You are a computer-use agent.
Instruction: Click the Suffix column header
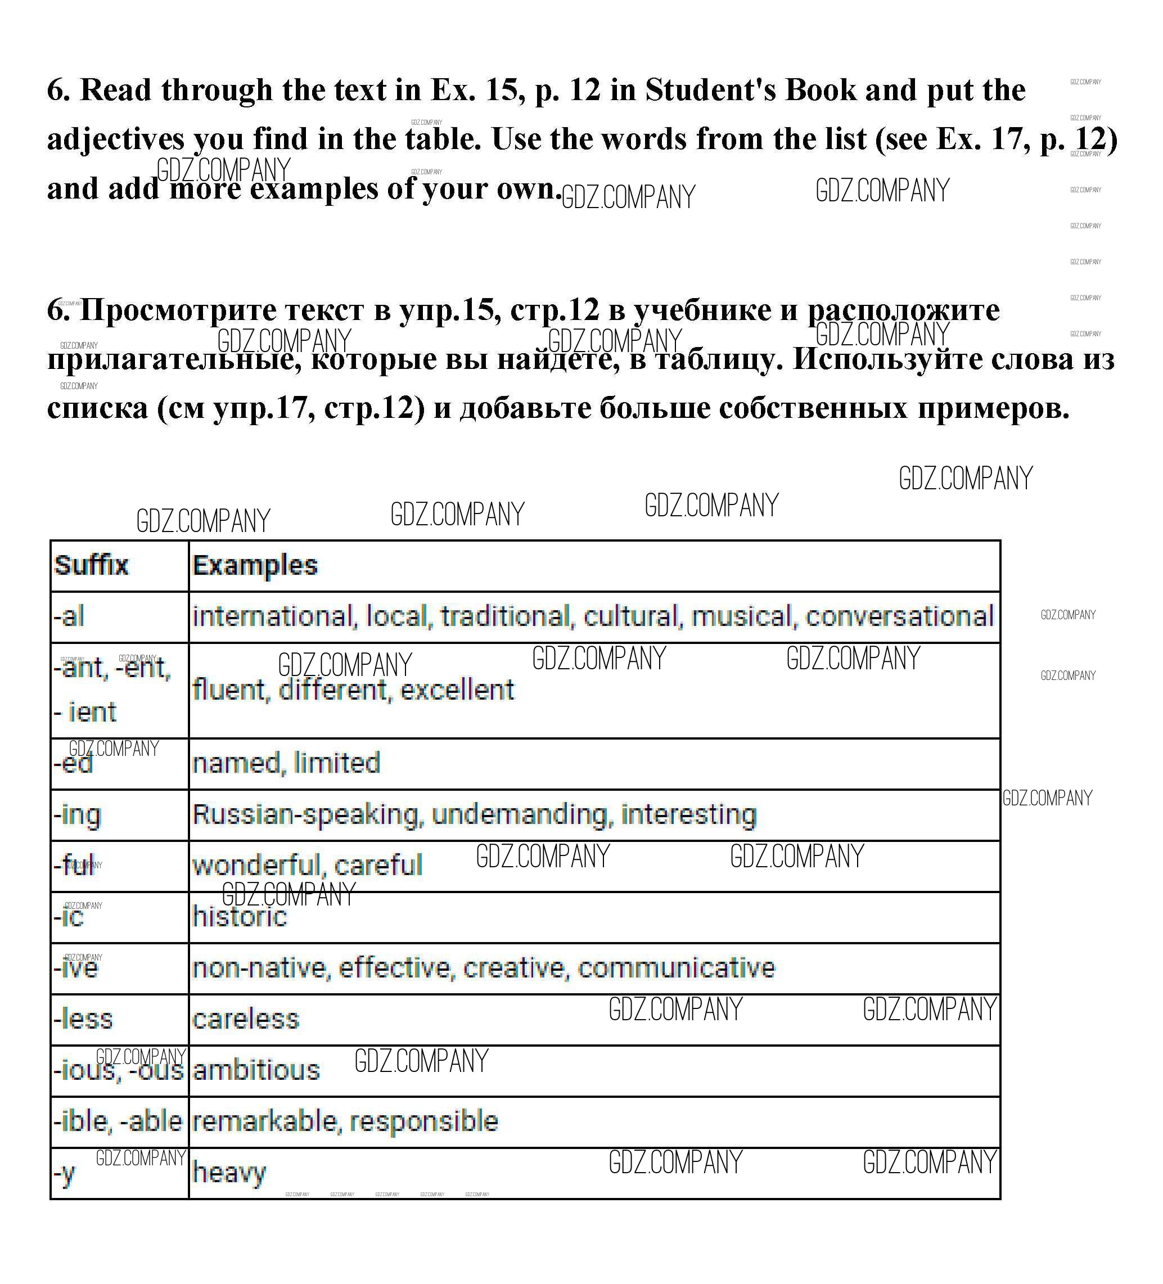(x=91, y=565)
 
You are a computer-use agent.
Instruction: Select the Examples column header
(x=255, y=565)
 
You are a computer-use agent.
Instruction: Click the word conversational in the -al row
(x=899, y=616)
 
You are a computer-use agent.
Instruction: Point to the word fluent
(x=228, y=690)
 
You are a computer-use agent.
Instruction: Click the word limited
(x=337, y=763)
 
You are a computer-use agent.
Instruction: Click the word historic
(x=240, y=917)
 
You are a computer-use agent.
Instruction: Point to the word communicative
(x=676, y=968)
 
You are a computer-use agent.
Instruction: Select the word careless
(x=245, y=1019)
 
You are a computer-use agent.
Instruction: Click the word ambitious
(x=256, y=1071)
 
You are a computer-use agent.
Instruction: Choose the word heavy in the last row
(x=229, y=1173)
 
